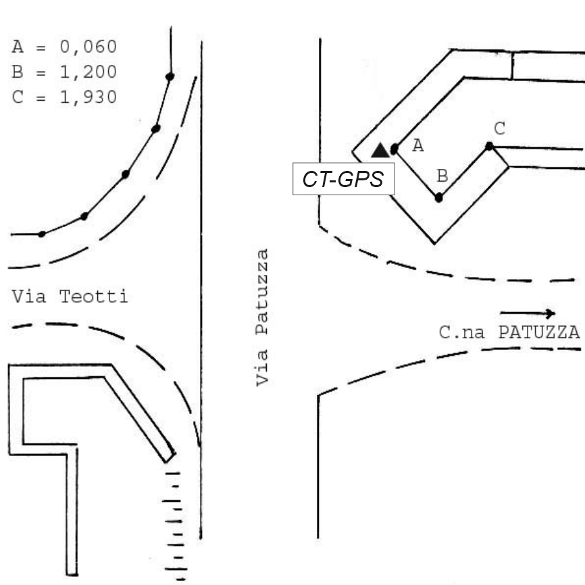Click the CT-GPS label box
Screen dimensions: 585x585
[x=344, y=179]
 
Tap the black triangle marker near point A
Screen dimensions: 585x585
[x=380, y=151]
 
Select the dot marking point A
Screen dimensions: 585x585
[x=395, y=149]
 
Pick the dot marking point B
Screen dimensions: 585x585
[x=439, y=197]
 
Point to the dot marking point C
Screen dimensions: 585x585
[x=489, y=146]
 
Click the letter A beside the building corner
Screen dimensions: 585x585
[x=418, y=145]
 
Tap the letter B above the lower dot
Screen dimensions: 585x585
[x=442, y=176]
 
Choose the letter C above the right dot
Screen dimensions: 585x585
[x=500, y=129]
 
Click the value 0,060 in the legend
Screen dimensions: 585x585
[x=88, y=47]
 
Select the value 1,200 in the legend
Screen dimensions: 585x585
[x=88, y=72]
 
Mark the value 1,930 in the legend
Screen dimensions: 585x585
[x=88, y=97]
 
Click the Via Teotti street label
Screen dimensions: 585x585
[x=70, y=297]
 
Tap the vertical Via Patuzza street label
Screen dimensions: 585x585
[x=262, y=317]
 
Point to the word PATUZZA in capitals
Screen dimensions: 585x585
[x=539, y=332]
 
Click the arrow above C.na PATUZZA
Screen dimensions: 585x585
[x=528, y=313]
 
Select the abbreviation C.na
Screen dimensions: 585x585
[x=461, y=332]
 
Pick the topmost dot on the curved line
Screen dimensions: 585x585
[x=170, y=76]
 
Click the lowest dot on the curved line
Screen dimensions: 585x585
[x=42, y=234]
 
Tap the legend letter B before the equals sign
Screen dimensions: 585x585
[x=18, y=72]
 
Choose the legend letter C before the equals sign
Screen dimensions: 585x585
[x=18, y=97]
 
